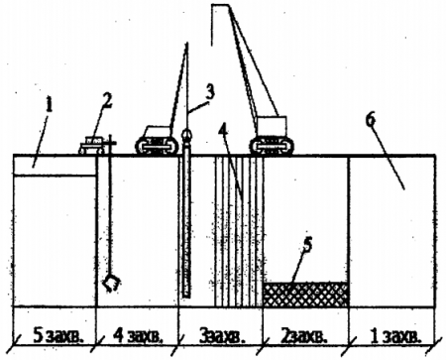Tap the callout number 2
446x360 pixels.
point(107,100)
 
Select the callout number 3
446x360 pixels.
point(210,91)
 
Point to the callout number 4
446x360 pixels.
point(223,132)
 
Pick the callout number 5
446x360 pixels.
point(308,245)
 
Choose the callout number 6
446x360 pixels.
point(371,119)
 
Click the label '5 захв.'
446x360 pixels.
point(57,336)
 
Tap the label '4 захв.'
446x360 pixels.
point(138,336)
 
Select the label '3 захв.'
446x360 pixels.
point(222,336)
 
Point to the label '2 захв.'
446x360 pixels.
point(304,336)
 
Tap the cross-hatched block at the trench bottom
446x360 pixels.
point(306,295)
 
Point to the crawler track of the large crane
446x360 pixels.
point(272,146)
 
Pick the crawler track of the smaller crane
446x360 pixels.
point(157,146)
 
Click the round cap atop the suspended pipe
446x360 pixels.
point(186,135)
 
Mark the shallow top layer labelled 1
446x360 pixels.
point(55,165)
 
